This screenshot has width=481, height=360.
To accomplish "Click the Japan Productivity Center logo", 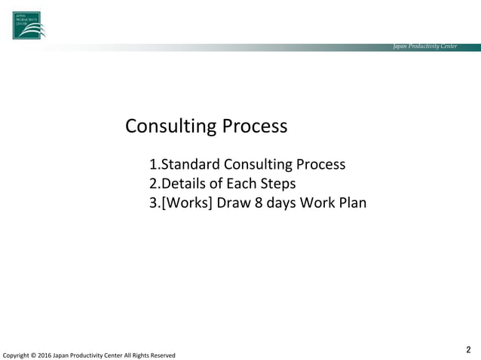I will [x=28, y=25].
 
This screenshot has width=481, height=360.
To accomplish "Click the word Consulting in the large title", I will [x=170, y=126].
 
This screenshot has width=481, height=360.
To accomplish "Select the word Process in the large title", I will [x=254, y=126].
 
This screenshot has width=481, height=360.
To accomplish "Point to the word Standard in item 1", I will [x=191, y=164].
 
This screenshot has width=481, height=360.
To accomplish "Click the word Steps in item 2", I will [x=278, y=184].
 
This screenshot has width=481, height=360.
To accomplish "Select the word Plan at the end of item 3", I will [x=352, y=203].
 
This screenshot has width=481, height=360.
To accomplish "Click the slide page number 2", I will [x=468, y=349].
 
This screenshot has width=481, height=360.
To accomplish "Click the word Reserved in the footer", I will [x=161, y=355].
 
